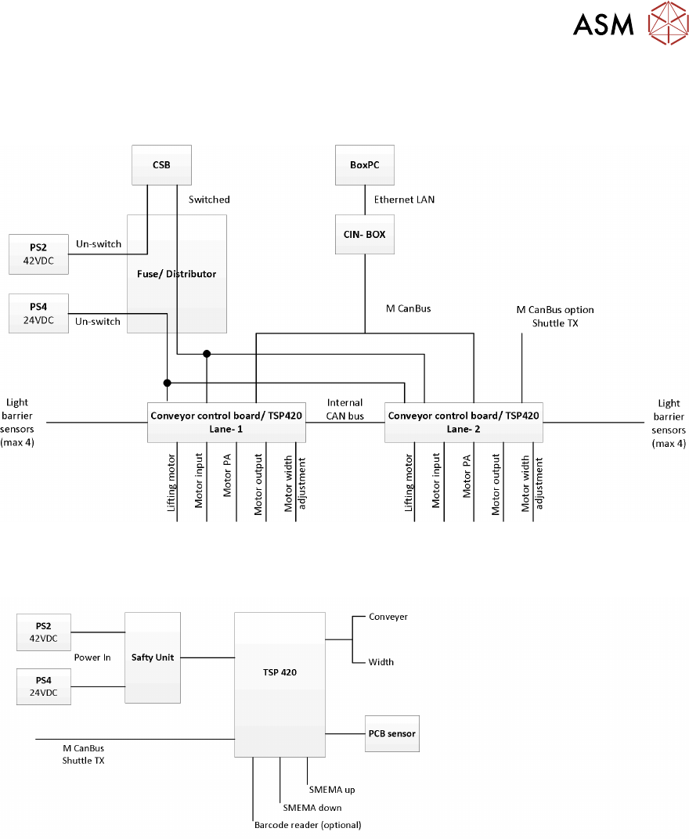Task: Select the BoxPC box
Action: click(364, 165)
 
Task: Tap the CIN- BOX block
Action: click(364, 234)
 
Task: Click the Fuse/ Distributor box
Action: click(177, 274)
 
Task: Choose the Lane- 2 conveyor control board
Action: click(464, 422)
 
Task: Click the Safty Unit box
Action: click(153, 657)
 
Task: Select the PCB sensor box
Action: click(392, 733)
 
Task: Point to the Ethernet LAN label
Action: click(404, 200)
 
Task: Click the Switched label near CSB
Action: click(209, 200)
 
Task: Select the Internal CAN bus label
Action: click(345, 409)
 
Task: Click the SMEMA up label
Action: click(332, 790)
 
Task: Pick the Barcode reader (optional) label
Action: click(308, 825)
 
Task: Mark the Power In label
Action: click(92, 657)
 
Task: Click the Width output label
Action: click(381, 662)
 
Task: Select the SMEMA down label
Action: click(312, 808)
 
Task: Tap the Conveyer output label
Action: click(388, 617)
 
